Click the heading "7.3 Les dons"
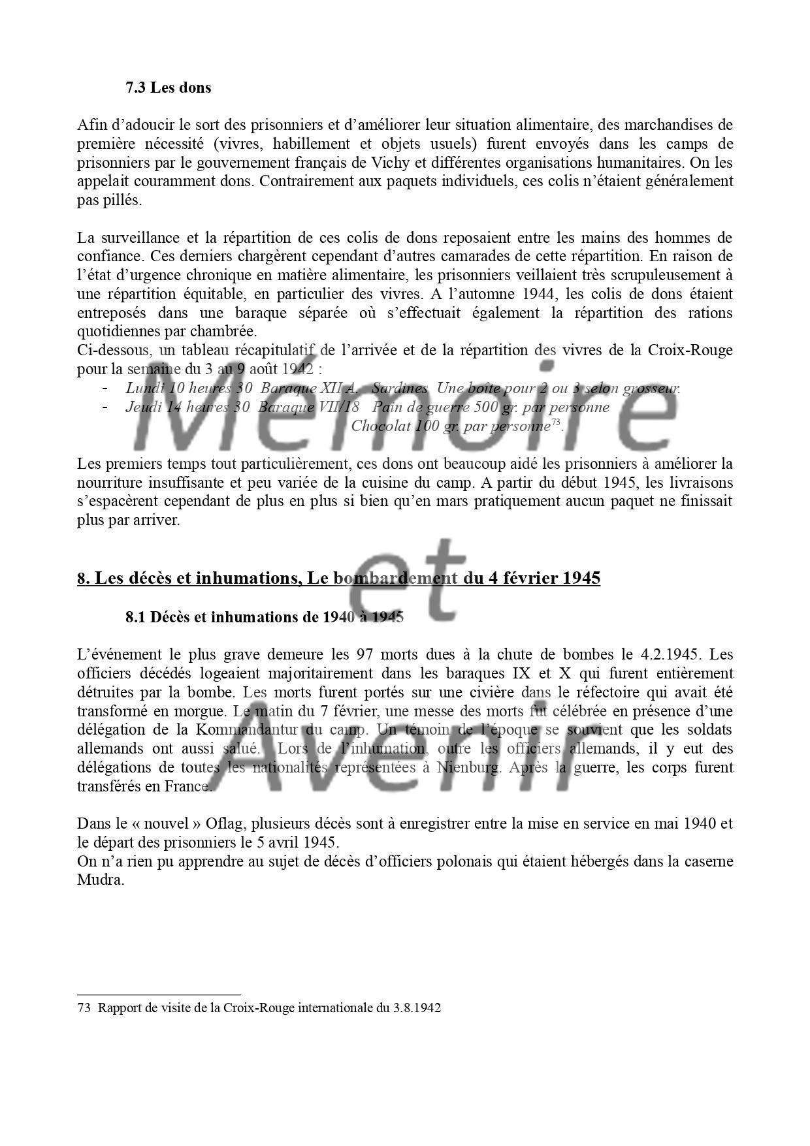[169, 88]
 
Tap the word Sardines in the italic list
[399, 389]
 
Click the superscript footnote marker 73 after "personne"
[556, 423]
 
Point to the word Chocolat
[378, 426]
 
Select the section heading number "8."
[84, 579]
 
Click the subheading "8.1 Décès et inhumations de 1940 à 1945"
[265, 617]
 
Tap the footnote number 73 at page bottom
[84, 1008]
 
